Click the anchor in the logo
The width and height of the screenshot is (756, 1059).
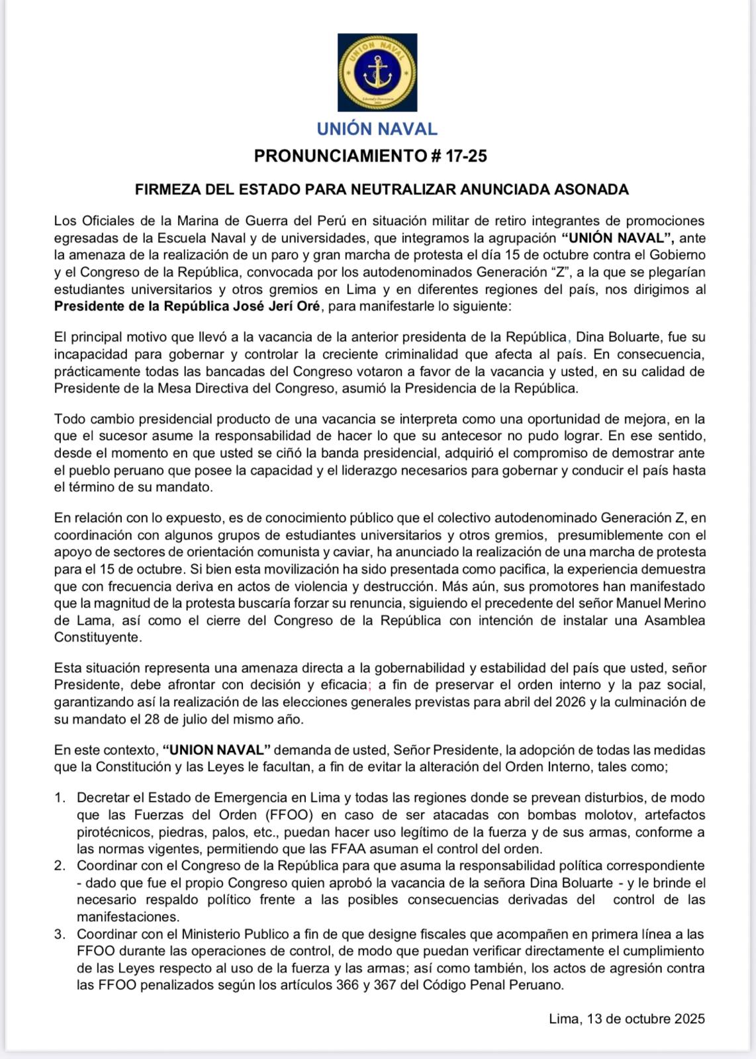pyautogui.click(x=377, y=72)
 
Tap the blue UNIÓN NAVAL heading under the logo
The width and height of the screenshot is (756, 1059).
pyautogui.click(x=377, y=128)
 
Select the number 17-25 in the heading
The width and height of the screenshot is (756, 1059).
pyautogui.click(x=466, y=156)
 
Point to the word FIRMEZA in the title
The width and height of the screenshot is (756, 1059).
pyautogui.click(x=167, y=190)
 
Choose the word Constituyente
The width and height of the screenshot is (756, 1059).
pyautogui.click(x=98, y=638)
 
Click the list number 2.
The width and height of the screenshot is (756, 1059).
pyautogui.click(x=60, y=866)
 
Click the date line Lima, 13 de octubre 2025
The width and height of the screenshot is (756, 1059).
pyautogui.click(x=626, y=1019)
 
